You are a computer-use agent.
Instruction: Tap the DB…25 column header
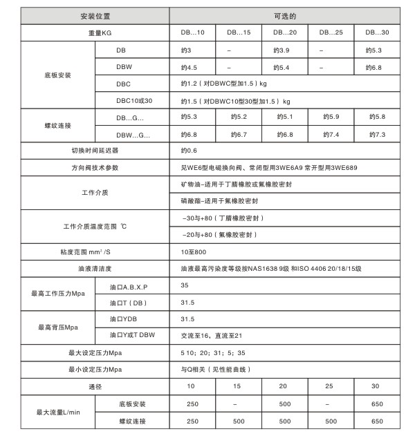click(330, 32)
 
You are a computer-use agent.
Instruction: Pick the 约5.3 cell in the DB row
click(376, 50)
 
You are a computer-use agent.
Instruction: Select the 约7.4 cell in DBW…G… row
click(331, 133)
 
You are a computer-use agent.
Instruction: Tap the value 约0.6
click(188, 150)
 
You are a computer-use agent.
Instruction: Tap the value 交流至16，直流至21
click(209, 336)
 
